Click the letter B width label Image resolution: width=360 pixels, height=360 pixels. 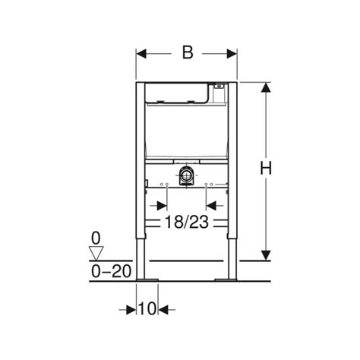coord(187,52)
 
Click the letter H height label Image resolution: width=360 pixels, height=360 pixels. coord(266,169)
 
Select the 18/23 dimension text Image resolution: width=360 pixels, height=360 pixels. coord(187,223)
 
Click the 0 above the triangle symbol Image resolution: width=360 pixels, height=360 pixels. coord(95,237)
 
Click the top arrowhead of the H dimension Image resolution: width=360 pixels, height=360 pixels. coord(266,88)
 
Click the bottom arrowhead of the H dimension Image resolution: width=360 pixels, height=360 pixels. coord(266,255)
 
